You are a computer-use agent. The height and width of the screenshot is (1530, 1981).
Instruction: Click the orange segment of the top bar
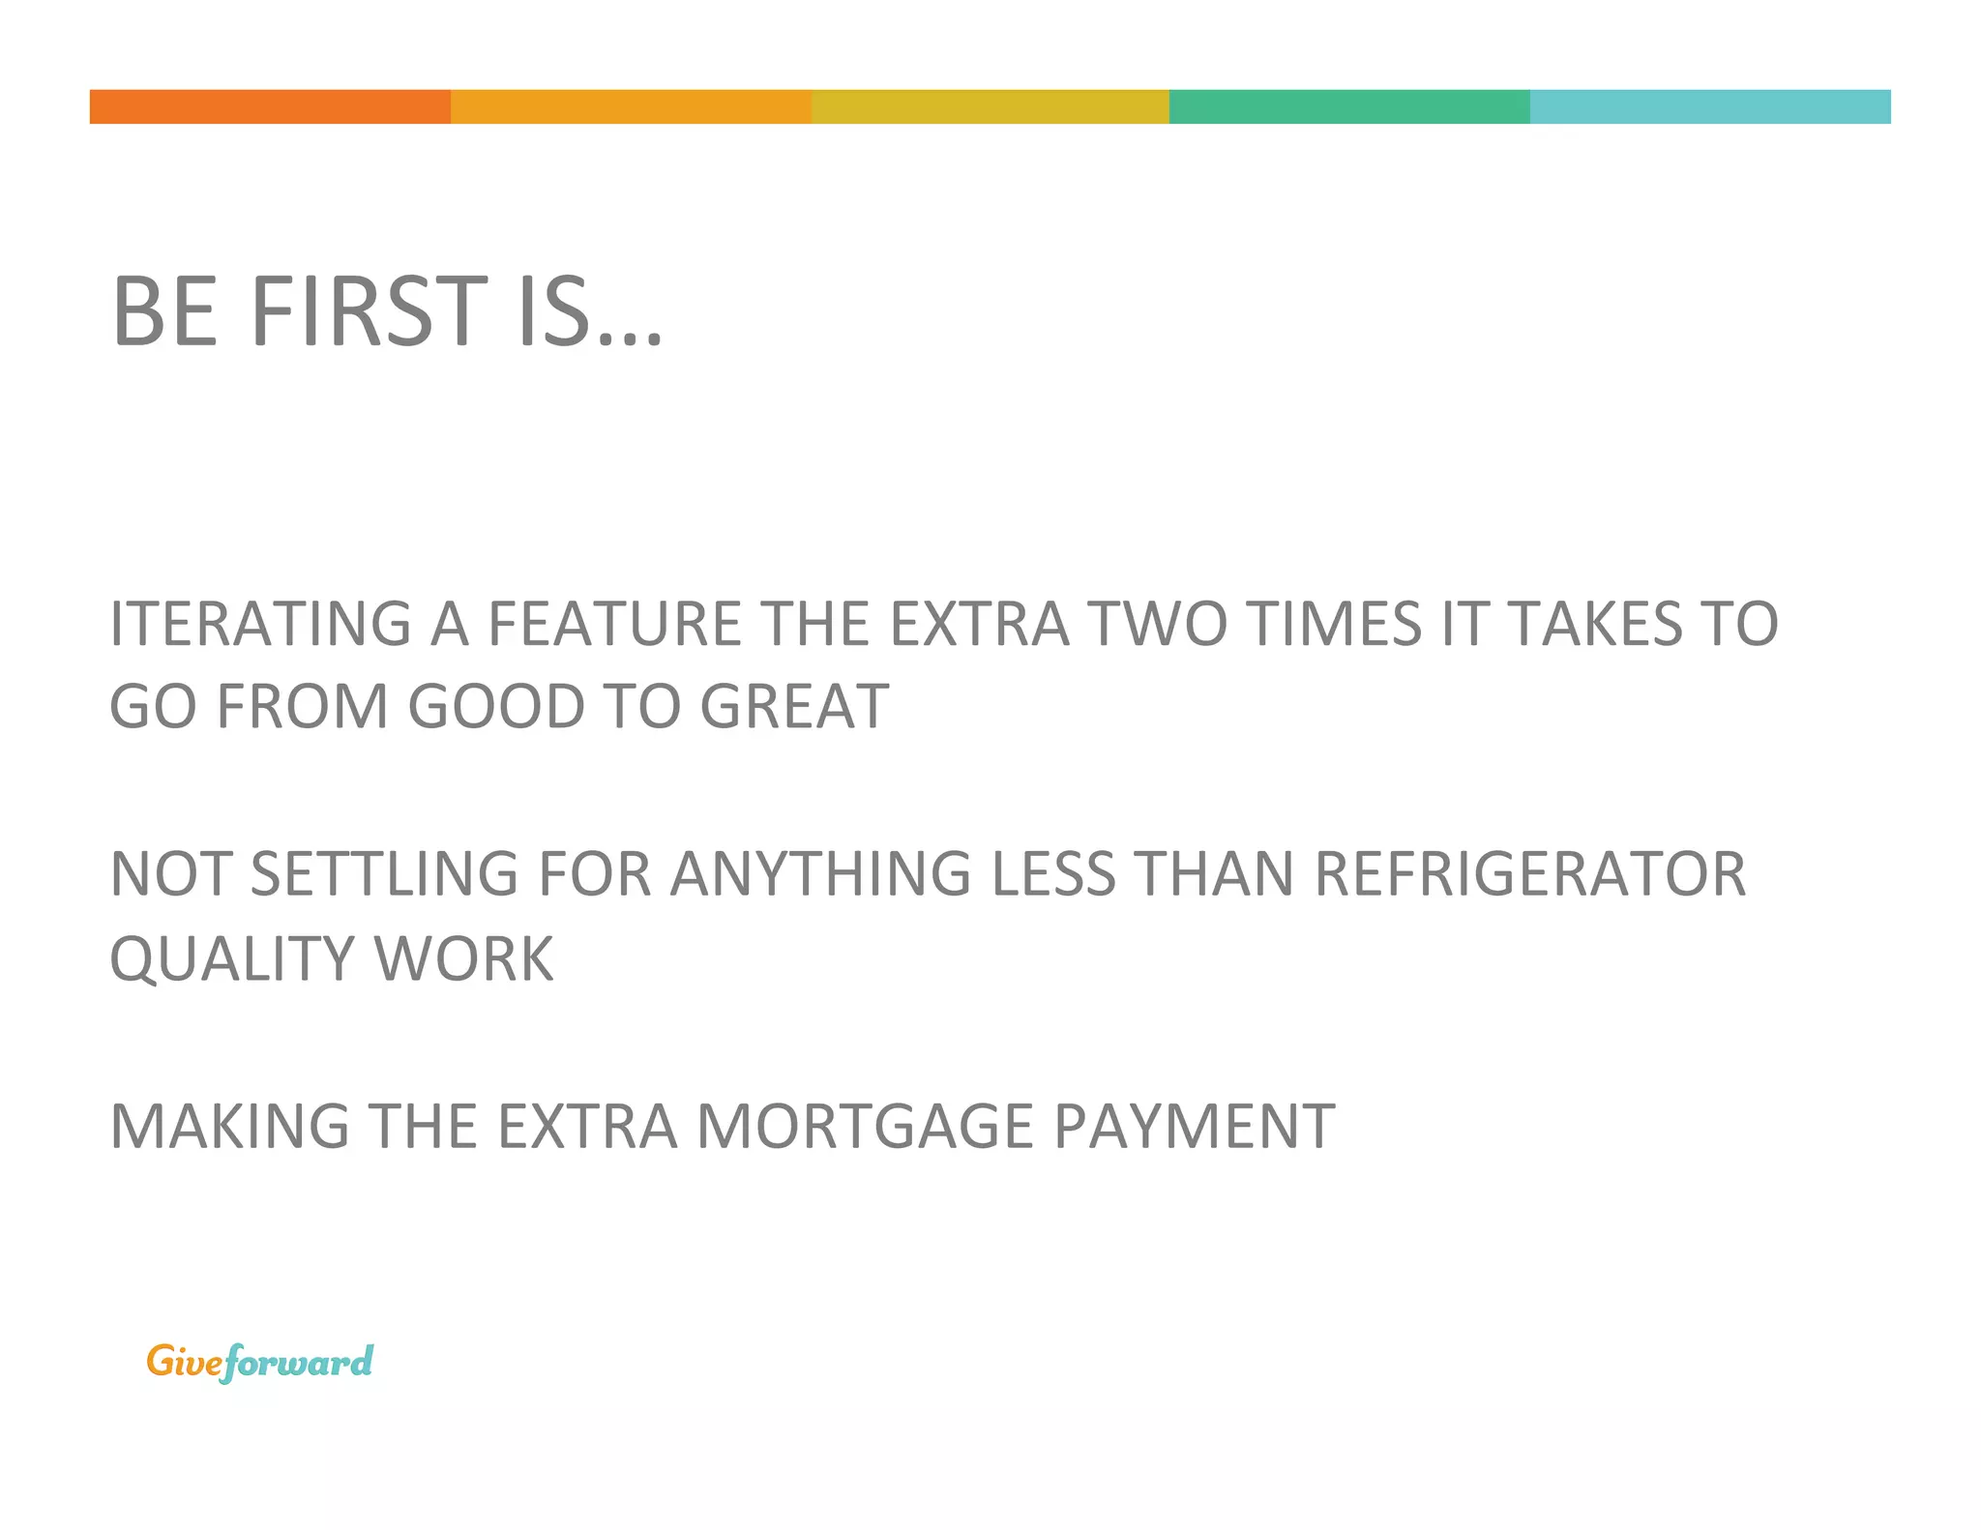coord(270,106)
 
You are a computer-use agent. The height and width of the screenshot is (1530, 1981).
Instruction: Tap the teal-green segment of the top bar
coord(1349,106)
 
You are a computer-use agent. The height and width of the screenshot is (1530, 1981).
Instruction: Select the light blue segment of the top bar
coord(1709,106)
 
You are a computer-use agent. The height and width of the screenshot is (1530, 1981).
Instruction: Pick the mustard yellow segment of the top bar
coord(990,106)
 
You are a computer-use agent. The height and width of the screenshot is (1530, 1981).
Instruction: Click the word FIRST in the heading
coord(369,311)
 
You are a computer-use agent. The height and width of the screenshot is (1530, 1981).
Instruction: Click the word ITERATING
coord(261,624)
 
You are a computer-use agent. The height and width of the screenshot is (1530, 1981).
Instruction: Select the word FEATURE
coord(614,624)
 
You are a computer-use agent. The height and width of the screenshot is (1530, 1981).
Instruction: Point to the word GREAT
coord(793,707)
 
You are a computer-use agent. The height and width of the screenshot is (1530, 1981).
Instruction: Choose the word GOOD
coord(495,707)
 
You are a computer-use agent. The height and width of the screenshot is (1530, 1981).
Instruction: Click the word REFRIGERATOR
coord(1530,874)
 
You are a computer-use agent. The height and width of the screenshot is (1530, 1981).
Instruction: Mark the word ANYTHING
coord(820,874)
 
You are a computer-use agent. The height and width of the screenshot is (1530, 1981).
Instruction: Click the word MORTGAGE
coord(865,1127)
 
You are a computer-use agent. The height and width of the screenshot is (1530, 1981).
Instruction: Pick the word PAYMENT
coord(1194,1127)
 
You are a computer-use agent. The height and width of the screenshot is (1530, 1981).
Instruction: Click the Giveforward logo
coord(259,1362)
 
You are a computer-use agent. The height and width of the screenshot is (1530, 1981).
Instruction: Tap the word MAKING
coord(229,1127)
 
